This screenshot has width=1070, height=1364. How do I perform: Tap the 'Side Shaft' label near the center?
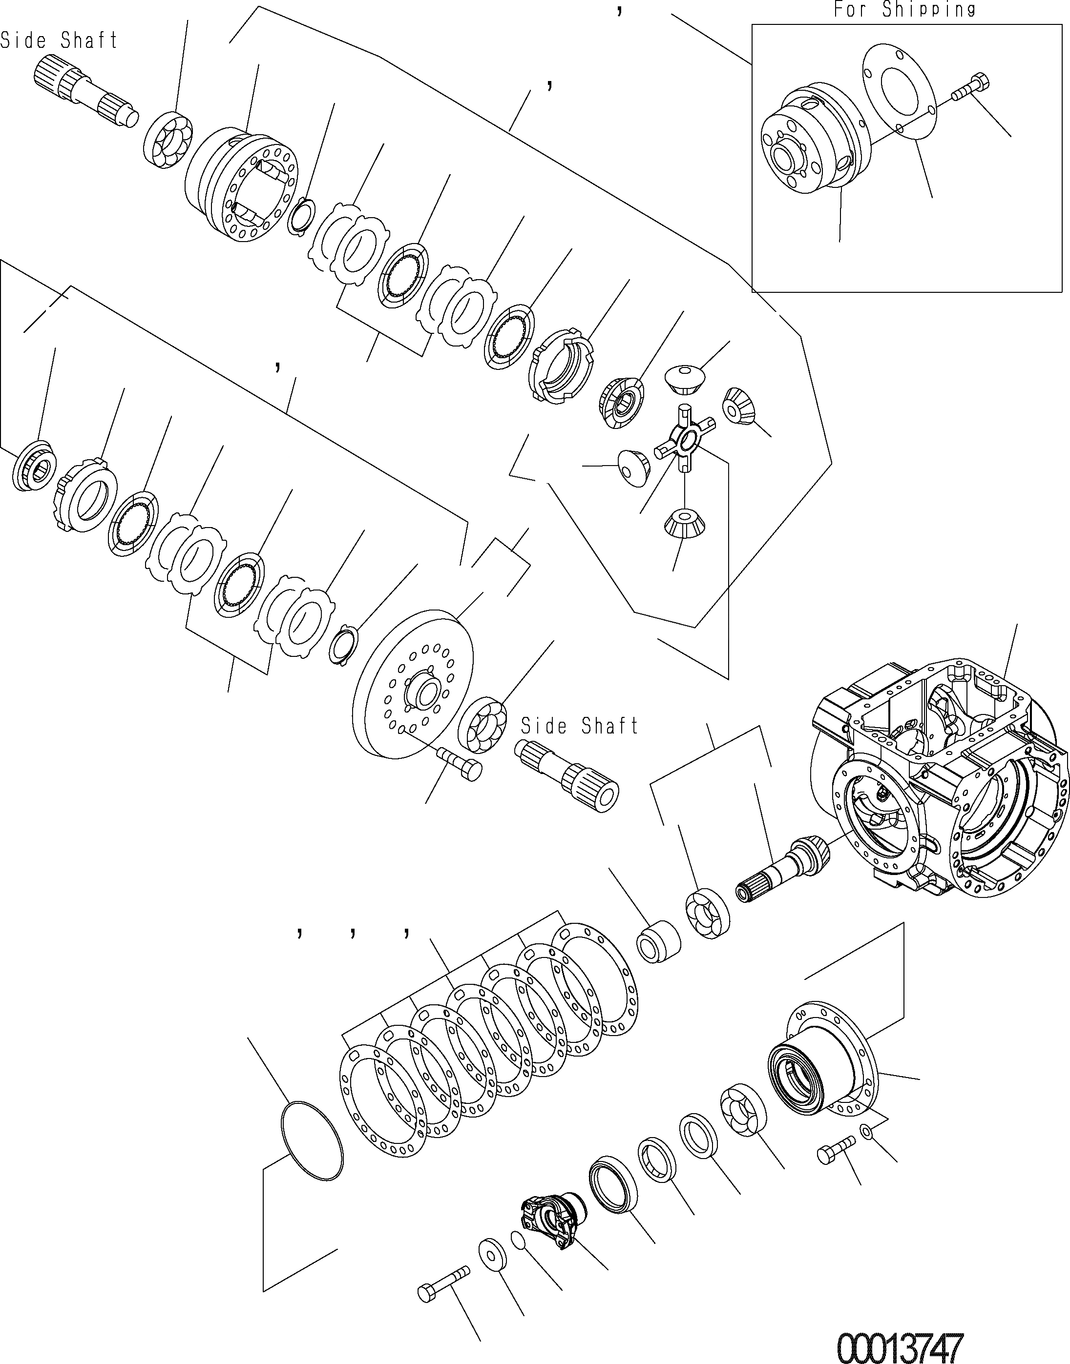click(580, 726)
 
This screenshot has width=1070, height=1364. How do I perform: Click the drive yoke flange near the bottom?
click(552, 1218)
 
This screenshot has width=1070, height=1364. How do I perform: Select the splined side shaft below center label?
click(567, 775)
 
